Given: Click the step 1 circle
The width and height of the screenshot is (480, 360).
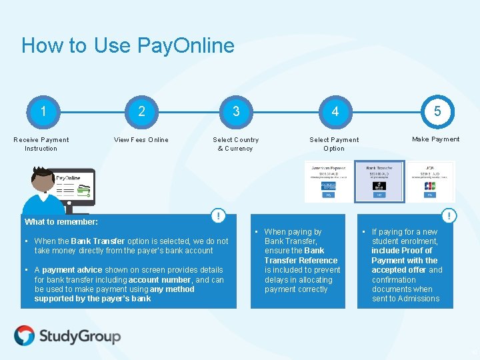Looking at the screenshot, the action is pos(43,111).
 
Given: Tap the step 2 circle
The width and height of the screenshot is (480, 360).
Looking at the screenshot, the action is pos(141,111).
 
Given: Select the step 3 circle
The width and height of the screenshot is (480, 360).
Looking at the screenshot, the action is pos(236,111).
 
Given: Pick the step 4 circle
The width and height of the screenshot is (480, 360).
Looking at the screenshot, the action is pos(335,111).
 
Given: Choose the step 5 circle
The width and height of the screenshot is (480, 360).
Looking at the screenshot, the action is pos(437,111).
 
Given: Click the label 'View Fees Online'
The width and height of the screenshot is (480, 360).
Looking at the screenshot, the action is pos(141,140).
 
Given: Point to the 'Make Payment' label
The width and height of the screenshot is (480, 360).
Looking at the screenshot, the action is pos(435,139).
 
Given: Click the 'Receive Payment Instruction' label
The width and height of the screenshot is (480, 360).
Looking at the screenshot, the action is pos(41,144).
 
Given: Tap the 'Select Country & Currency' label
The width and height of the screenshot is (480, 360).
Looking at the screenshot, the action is pos(235,144).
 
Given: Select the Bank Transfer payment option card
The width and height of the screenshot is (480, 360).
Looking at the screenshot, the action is pos(379,181).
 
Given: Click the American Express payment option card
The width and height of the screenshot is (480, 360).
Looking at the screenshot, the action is pos(328,181).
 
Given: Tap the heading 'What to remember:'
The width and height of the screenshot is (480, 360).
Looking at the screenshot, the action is pos(61,222).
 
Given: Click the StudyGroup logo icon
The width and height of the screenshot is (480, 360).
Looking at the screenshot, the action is pos(25,335).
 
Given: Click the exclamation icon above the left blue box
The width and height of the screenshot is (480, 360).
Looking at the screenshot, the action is pos(218,216).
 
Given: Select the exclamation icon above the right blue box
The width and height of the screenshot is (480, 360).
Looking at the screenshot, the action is pos(450,216).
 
